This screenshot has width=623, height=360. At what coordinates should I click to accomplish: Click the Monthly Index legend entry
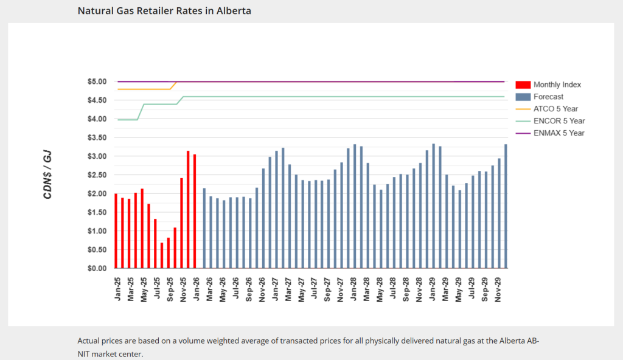pyautogui.click(x=556, y=85)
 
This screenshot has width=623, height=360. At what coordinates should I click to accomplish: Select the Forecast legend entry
pyautogui.click(x=548, y=97)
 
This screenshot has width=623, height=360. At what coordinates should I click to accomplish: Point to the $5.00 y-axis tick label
pyautogui.click(x=97, y=81)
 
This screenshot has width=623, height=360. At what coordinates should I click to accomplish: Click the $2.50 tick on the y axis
pyautogui.click(x=97, y=175)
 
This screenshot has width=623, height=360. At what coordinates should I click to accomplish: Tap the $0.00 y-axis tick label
pyautogui.click(x=97, y=268)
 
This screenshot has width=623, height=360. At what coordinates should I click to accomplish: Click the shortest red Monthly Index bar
pyautogui.click(x=162, y=255)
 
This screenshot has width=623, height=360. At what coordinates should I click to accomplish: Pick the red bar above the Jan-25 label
pyautogui.click(x=116, y=231)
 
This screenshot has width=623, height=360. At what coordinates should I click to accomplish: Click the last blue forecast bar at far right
pyautogui.click(x=506, y=206)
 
